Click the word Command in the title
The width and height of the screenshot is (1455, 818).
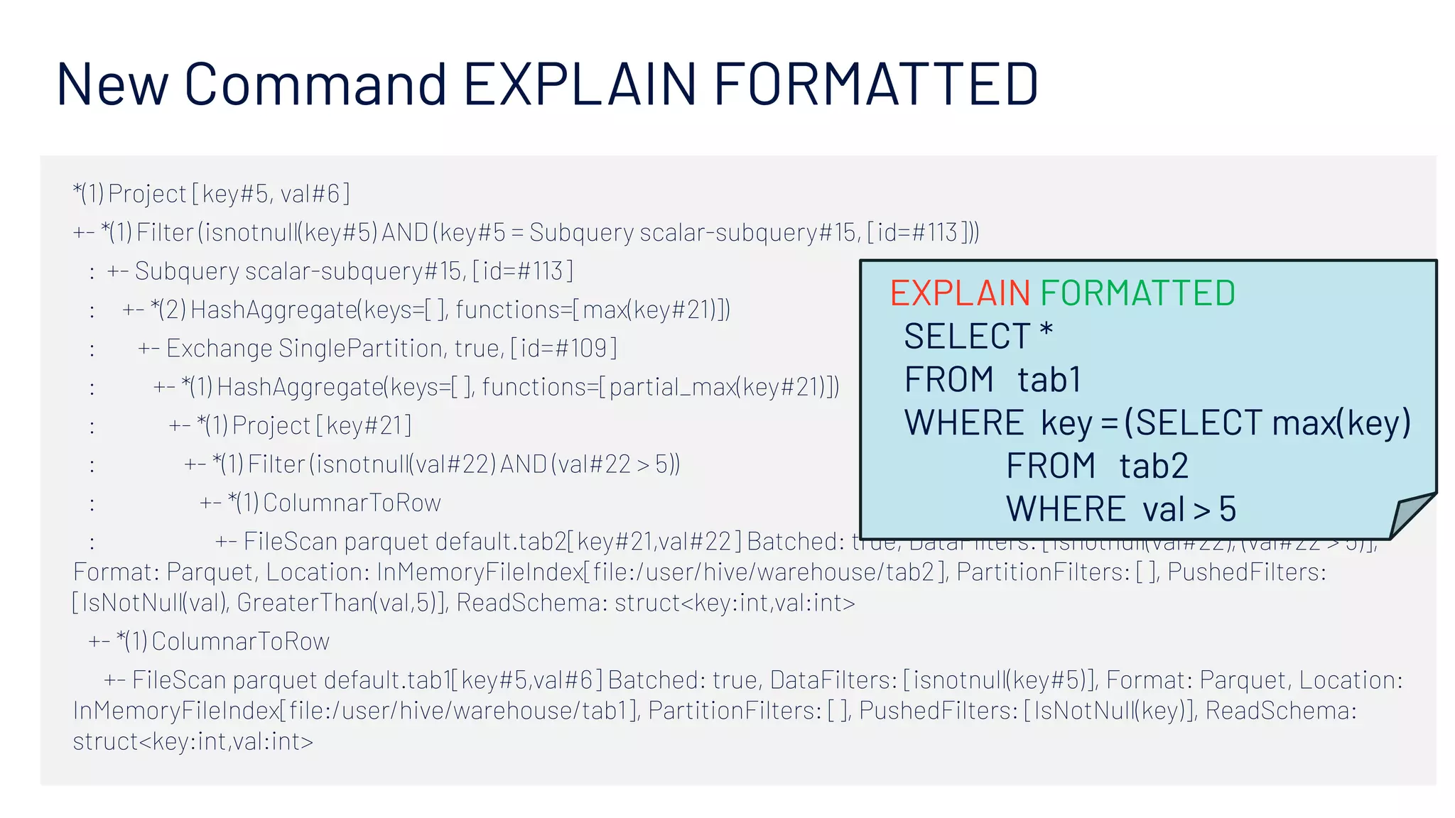point(315,84)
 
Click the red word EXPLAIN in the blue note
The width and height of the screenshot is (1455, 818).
point(960,293)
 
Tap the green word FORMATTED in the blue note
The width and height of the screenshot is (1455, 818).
point(1137,293)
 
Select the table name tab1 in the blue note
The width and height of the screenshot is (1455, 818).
point(1049,379)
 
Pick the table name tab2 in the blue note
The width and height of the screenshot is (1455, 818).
point(1153,467)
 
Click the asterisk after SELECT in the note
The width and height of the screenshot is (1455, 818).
point(1046,332)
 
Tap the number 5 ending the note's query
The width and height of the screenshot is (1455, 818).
point(1228,509)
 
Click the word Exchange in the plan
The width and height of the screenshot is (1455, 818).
point(219,349)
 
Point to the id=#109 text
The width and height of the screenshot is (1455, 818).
point(563,349)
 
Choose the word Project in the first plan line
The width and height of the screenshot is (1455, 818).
point(147,194)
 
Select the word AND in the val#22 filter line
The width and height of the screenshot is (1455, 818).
point(524,464)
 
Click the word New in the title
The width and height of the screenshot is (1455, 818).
point(112,84)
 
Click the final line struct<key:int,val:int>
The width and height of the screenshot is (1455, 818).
point(193,741)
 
